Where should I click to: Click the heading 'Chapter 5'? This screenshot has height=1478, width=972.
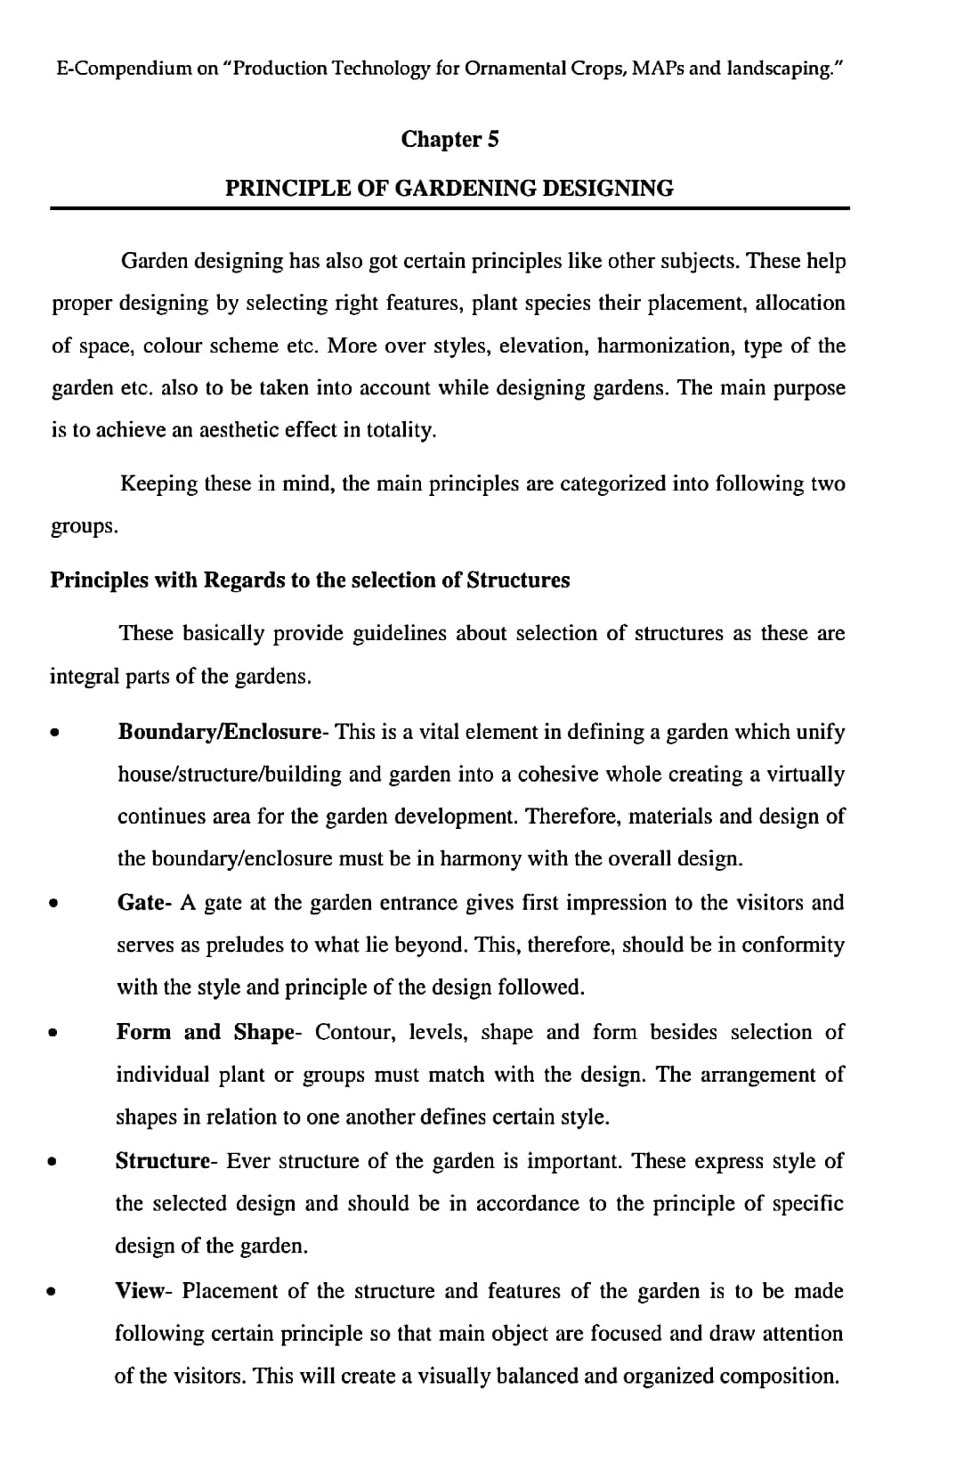coord(450,139)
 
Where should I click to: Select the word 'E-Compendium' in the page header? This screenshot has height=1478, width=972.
coord(124,69)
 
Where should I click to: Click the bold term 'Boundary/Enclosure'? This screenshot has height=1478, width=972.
coord(219,732)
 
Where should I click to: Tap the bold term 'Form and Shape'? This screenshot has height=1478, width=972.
coord(204,1032)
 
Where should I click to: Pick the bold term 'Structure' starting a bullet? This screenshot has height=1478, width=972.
coord(162,1161)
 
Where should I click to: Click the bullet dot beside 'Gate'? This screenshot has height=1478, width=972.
coord(54,905)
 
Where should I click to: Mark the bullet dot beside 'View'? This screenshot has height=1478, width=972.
coord(53,1292)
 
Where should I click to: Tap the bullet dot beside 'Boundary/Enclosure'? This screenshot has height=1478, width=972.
coord(55,734)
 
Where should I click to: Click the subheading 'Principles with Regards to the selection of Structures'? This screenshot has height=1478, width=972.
coord(310,581)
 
